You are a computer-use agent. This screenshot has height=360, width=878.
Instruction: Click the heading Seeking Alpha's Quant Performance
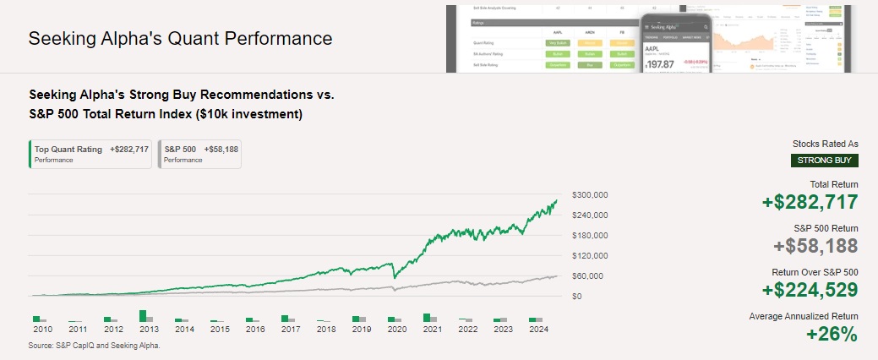(180, 39)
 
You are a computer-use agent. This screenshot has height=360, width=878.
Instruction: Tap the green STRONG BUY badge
(825, 161)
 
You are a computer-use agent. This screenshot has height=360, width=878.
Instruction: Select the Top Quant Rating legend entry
(91, 154)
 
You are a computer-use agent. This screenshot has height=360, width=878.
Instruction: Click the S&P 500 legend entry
(200, 154)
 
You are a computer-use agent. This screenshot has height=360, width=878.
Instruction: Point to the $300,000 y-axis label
(590, 194)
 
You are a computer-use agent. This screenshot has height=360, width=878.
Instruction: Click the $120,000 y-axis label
(590, 255)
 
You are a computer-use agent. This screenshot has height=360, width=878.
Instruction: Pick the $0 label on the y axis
(577, 296)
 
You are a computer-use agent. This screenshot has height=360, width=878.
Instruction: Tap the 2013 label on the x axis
(149, 330)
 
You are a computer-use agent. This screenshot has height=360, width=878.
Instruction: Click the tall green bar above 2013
(143, 316)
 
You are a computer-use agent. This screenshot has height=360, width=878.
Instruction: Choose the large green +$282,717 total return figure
(810, 202)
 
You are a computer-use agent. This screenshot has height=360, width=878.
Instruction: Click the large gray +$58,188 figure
(815, 246)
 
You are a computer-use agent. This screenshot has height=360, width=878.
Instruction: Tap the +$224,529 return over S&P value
(810, 290)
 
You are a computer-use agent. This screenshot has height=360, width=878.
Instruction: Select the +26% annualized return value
(832, 334)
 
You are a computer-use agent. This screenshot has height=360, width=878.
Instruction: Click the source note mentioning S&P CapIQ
(95, 346)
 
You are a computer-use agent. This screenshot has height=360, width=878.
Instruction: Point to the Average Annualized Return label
(803, 316)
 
